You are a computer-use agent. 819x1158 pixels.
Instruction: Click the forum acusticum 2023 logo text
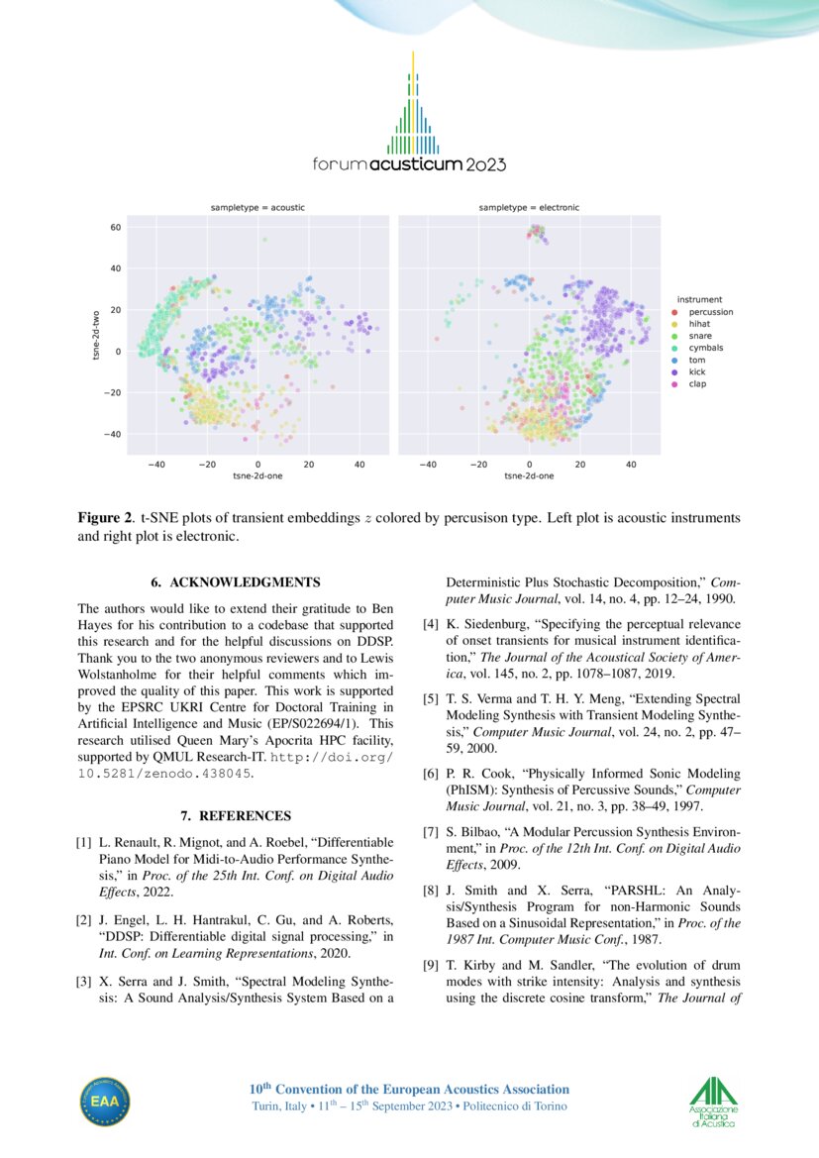point(408,164)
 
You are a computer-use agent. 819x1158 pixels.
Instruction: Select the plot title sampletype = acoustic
point(257,208)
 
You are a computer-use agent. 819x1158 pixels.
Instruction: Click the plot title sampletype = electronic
point(529,208)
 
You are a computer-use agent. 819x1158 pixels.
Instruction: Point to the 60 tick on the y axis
point(115,227)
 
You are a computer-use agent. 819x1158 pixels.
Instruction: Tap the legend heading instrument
point(699,299)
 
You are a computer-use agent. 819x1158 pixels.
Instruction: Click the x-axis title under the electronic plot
point(529,475)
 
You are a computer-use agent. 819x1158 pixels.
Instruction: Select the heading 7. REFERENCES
point(236,816)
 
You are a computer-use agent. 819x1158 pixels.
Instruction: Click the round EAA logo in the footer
point(105,1103)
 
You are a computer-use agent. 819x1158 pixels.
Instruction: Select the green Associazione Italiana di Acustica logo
point(714,1102)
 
